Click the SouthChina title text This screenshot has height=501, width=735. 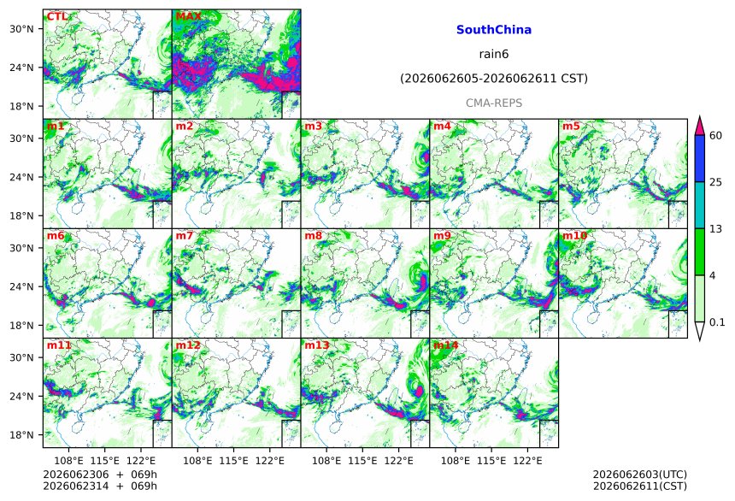pos(494,30)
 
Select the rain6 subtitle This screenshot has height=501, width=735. pos(494,54)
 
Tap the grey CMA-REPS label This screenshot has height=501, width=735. pos(494,103)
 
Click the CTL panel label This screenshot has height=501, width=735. pos(56,17)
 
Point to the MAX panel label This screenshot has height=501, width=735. pos(188,17)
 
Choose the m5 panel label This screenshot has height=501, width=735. pos(571,127)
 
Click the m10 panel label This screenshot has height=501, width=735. pos(574,235)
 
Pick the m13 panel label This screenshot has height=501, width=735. pos(317,345)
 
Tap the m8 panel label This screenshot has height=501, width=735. pos(313,235)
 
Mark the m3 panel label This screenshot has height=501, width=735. pos(313,127)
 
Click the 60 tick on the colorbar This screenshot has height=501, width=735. pos(716,136)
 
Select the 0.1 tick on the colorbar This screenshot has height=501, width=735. pos(717,321)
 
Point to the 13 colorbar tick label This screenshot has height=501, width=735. pos(716,228)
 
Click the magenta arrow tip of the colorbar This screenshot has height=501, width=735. pos(699,116)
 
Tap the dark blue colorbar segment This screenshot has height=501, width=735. pos(699,158)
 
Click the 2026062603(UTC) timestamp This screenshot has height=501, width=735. pos(640,474)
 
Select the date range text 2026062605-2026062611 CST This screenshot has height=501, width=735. pos(494,79)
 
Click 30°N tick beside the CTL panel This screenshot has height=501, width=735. pos(22,29)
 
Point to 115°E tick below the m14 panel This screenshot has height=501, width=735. pos(491,461)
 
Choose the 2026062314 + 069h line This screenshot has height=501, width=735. pos(100,486)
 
